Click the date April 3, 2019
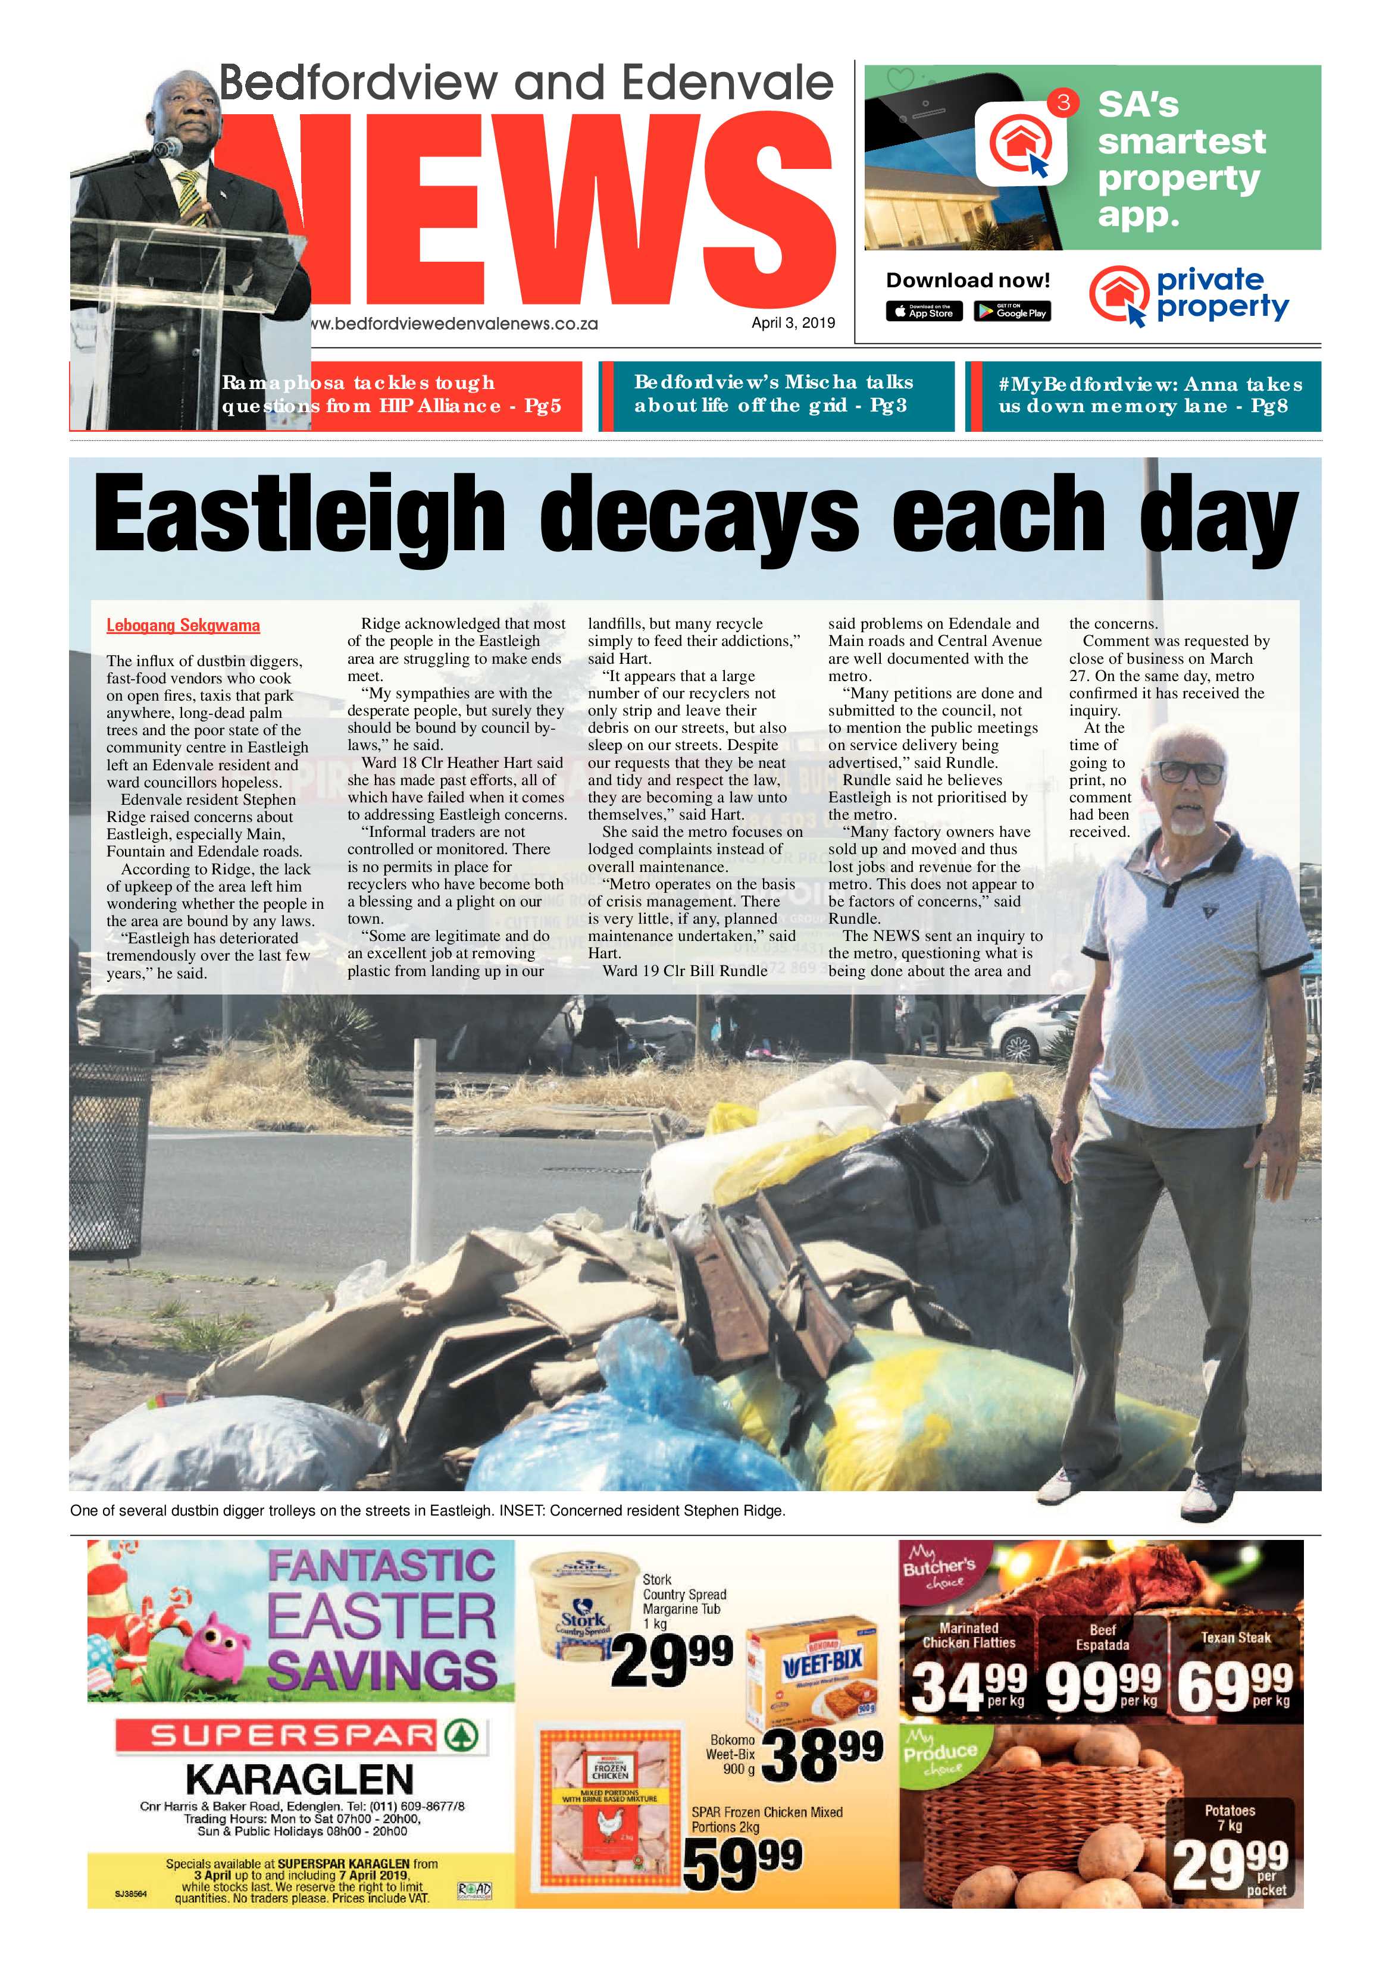(x=792, y=323)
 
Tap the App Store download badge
(x=924, y=312)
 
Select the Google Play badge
(x=1012, y=312)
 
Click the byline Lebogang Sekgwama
(x=183, y=625)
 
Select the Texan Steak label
(x=1235, y=1637)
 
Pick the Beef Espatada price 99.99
(x=1103, y=1687)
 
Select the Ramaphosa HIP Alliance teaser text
(x=391, y=394)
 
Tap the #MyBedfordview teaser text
(x=1149, y=395)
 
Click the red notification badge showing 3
(x=1063, y=103)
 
